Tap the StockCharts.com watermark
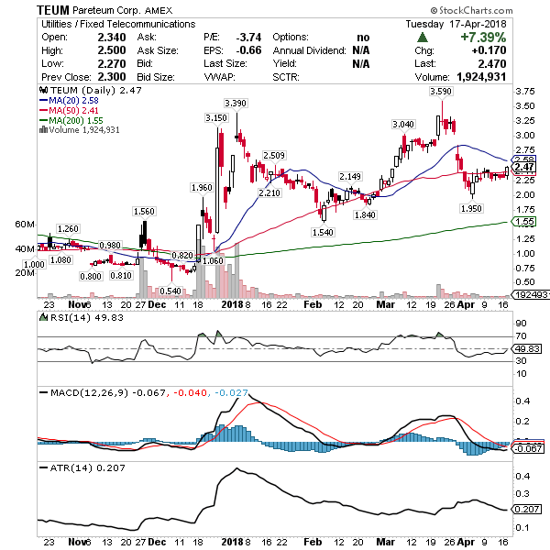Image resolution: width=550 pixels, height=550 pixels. (x=494, y=10)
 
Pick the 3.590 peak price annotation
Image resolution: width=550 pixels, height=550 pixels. (x=443, y=93)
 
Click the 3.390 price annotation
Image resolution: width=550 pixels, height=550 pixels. (x=236, y=103)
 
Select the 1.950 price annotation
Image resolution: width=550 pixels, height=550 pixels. (x=471, y=208)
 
